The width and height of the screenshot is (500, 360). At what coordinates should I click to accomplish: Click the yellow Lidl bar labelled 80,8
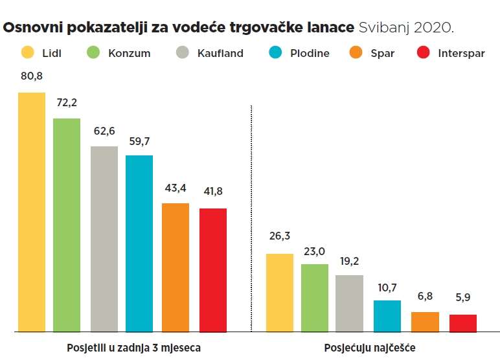pyautogui.click(x=32, y=212)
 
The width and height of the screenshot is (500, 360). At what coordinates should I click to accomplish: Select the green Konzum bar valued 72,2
pyautogui.click(x=67, y=225)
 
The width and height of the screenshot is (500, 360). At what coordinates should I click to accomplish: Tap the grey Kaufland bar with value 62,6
pyautogui.click(x=104, y=239)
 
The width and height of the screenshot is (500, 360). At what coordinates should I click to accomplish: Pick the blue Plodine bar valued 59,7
pyautogui.click(x=139, y=243)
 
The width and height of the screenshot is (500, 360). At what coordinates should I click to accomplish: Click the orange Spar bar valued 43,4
pyautogui.click(x=176, y=267)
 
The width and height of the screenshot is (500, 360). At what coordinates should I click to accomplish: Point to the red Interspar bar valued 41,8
pyautogui.click(x=213, y=269)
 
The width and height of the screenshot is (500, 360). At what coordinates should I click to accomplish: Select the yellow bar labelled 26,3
pyautogui.click(x=280, y=292)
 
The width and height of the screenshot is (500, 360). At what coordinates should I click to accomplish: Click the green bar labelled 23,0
pyautogui.click(x=315, y=297)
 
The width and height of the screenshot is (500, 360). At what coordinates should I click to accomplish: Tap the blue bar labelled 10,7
pyautogui.click(x=387, y=315)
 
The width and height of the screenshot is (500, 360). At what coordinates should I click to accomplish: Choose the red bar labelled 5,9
pyautogui.click(x=462, y=322)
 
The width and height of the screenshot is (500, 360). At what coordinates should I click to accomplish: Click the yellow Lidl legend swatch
pyautogui.click(x=27, y=53)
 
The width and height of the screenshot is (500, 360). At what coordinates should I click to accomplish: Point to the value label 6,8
pyautogui.click(x=425, y=295)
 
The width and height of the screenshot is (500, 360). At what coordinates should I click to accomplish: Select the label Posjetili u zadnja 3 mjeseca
pyautogui.click(x=134, y=348)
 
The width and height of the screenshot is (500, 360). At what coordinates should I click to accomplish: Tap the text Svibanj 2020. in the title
pyautogui.click(x=407, y=28)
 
